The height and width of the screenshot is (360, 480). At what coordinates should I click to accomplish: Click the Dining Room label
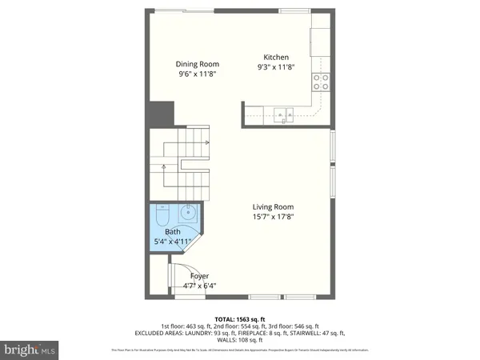[198, 65]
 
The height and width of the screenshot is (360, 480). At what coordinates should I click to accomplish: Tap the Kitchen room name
[276, 58]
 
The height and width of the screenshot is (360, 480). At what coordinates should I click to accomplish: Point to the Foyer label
[199, 276]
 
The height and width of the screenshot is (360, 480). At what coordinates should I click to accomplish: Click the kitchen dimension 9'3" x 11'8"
[276, 67]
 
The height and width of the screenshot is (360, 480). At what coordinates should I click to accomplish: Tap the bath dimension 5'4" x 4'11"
[173, 242]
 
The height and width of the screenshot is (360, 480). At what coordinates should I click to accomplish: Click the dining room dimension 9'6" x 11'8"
[198, 74]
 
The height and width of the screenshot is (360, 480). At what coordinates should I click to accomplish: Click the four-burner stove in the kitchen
[321, 82]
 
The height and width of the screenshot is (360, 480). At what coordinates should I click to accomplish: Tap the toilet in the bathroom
[159, 215]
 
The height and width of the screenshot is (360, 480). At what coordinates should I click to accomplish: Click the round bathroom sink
[187, 214]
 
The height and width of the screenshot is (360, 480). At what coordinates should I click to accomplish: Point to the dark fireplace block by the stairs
[160, 112]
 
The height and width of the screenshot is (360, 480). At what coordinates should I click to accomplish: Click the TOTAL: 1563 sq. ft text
[239, 318]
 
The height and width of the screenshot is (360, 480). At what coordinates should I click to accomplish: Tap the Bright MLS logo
[30, 349]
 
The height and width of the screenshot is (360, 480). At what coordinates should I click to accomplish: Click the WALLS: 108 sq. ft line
[239, 340]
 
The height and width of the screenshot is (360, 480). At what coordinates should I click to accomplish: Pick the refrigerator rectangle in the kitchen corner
[322, 41]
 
